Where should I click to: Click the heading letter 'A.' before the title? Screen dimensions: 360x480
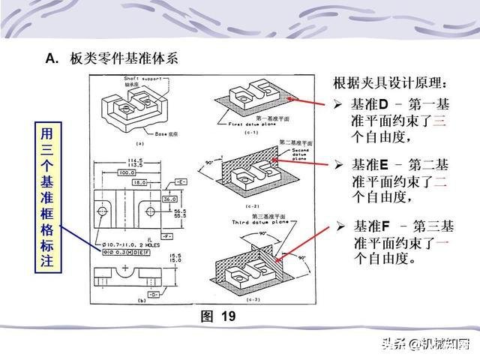(52, 58)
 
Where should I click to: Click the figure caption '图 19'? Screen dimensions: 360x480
(218, 316)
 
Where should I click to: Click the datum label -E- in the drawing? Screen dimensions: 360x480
(181, 182)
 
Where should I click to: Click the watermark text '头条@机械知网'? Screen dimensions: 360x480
(425, 344)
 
